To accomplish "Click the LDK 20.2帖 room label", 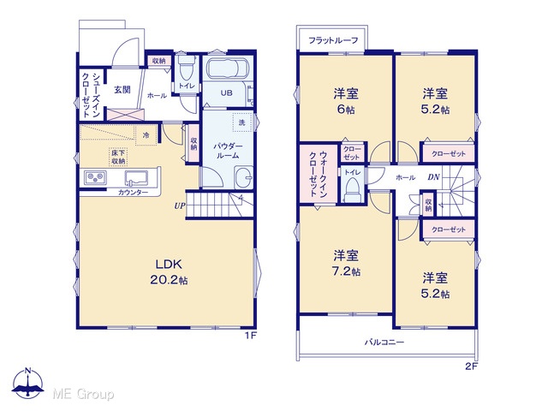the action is (x=169, y=272).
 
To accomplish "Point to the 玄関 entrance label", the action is (x=122, y=89).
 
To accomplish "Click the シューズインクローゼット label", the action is (x=92, y=94).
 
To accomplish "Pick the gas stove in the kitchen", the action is (x=95, y=178).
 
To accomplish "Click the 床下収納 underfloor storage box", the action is (x=118, y=158).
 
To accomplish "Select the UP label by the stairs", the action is (x=180, y=206).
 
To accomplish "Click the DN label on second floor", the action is (x=434, y=177).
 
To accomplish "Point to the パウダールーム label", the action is (x=228, y=151).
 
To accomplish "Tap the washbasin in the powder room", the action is (x=243, y=177).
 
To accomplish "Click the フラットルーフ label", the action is (x=333, y=40).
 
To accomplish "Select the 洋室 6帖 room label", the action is (x=346, y=101).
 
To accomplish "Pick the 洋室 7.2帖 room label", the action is (x=346, y=263).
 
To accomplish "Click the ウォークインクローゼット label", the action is (x=318, y=174).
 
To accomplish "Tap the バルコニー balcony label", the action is (x=384, y=342).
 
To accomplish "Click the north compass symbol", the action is (x=28, y=383).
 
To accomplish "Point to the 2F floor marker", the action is (x=471, y=366).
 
